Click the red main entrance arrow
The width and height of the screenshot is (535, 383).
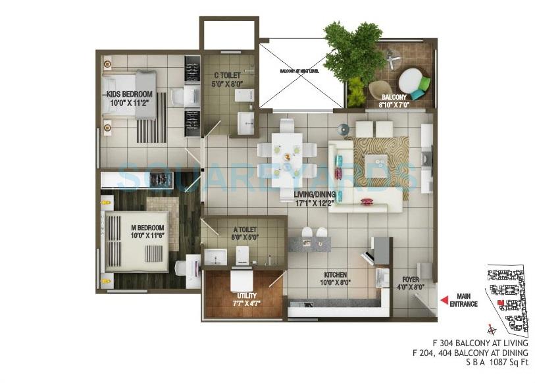click(444, 300)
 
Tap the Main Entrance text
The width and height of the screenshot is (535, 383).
click(464, 300)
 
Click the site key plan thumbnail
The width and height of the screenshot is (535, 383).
click(507, 296)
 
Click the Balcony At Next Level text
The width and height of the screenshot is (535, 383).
click(300, 70)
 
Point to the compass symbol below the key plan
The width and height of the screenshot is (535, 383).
click(490, 330)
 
